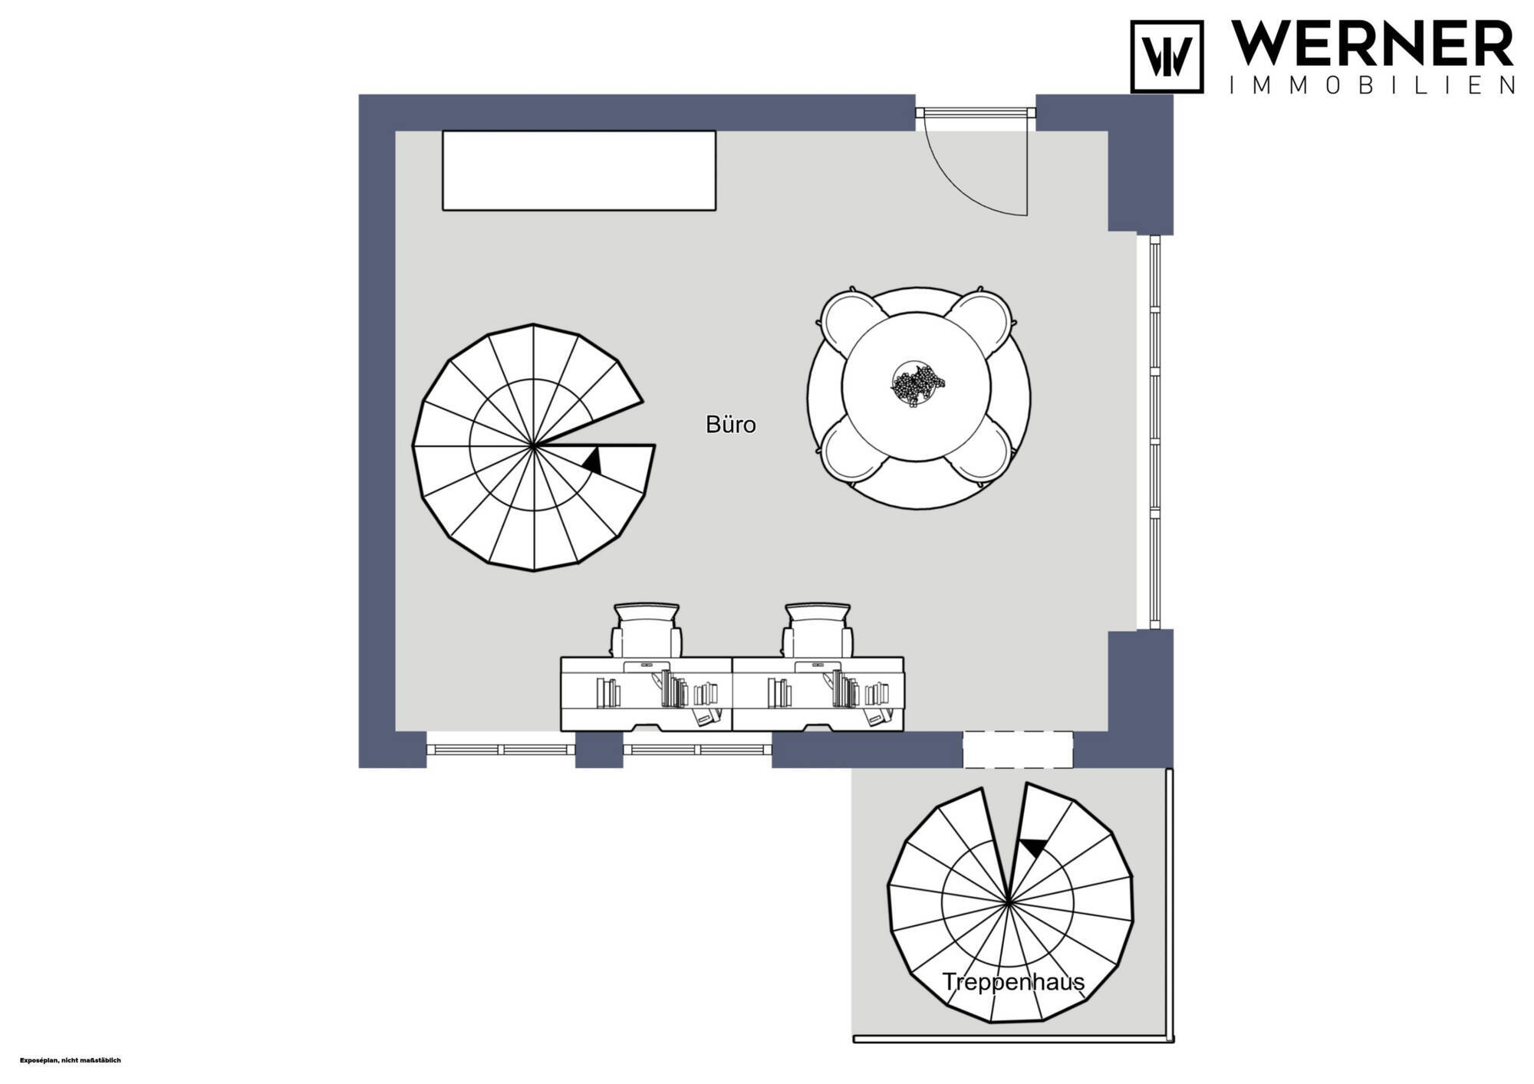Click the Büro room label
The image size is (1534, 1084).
pos(730,425)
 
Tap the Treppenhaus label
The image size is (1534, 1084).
pos(1013,982)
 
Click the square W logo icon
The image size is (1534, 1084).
pos(1167,57)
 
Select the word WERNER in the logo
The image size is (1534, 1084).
pos(1372,44)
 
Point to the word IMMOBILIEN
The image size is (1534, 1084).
pos(1372,85)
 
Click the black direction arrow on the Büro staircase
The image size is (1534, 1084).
pos(592,461)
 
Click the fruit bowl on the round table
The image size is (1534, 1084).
pos(917,383)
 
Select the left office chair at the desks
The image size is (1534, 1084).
pos(647,629)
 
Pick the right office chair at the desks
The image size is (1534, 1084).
pos(818,629)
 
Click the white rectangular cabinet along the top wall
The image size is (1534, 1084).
pos(579,170)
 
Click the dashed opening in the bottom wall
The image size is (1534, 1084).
pos(1017,750)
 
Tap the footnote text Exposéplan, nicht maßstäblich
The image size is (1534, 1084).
pos(71,1060)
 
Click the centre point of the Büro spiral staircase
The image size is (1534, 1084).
pos(534,445)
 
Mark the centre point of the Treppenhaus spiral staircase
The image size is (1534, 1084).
pos(1009,902)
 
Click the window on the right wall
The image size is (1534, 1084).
pos(1154,432)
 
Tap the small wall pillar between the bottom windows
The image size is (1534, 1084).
pos(599,750)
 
